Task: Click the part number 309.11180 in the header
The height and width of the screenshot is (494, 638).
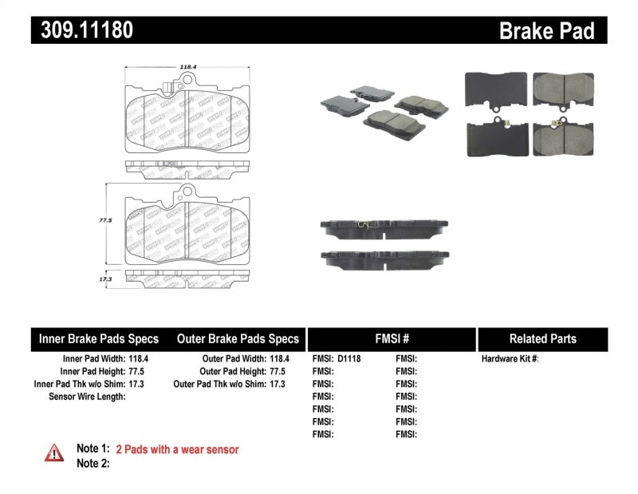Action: pos(83,30)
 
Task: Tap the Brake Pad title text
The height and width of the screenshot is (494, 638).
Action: pos(546,31)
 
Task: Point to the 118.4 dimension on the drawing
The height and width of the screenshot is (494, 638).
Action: pos(188,68)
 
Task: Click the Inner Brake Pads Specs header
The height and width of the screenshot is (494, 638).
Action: pos(99,338)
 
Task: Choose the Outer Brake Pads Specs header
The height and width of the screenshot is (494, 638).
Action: pos(238,338)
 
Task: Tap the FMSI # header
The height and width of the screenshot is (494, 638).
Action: pos(391,338)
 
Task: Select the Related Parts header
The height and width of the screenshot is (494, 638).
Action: pos(542,338)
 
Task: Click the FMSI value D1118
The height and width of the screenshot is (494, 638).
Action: pos(349,359)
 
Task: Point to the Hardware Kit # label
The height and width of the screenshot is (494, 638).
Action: pos(510,359)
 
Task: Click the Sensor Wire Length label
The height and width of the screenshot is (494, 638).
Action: pos(87,396)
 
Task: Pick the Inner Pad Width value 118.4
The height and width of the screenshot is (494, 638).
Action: pos(140,359)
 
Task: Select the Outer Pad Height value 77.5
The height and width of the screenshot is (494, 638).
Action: pos(275,371)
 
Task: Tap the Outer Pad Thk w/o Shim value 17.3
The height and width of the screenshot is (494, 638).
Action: pos(275,384)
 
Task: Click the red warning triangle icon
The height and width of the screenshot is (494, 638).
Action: pos(53,453)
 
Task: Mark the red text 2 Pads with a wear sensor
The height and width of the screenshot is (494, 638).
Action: pos(177,449)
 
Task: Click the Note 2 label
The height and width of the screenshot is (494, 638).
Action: pos(93,463)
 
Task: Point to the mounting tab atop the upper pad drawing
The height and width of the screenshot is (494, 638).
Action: pos(188,81)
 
